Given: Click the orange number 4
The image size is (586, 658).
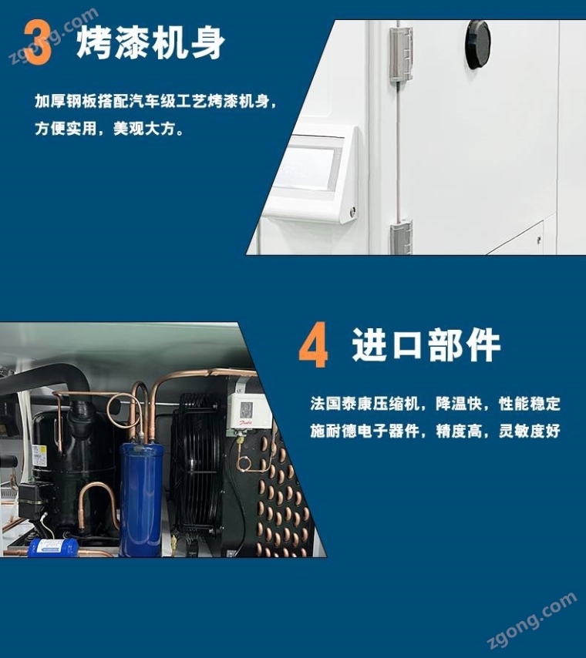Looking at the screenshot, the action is point(313,345).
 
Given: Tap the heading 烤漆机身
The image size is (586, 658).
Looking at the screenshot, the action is point(150,42).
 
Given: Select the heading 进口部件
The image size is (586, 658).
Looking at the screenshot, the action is point(426,345).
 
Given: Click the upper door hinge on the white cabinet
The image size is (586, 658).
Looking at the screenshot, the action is point(401,54).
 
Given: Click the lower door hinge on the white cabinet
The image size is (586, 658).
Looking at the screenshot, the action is point(401,237).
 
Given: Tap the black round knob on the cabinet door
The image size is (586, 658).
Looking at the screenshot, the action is point(477,44).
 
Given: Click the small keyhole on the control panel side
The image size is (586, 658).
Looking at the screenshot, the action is point(352,210).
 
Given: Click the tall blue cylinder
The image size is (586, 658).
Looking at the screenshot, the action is point(141,499).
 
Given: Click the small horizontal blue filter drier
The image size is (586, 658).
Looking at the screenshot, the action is point(53,547).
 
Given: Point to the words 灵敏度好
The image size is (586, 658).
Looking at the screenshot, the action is point(530,431).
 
